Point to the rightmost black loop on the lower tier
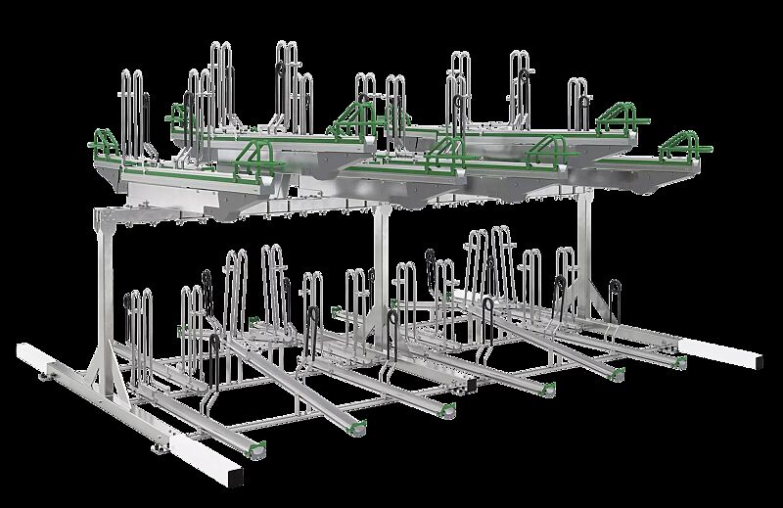click(615, 294)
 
